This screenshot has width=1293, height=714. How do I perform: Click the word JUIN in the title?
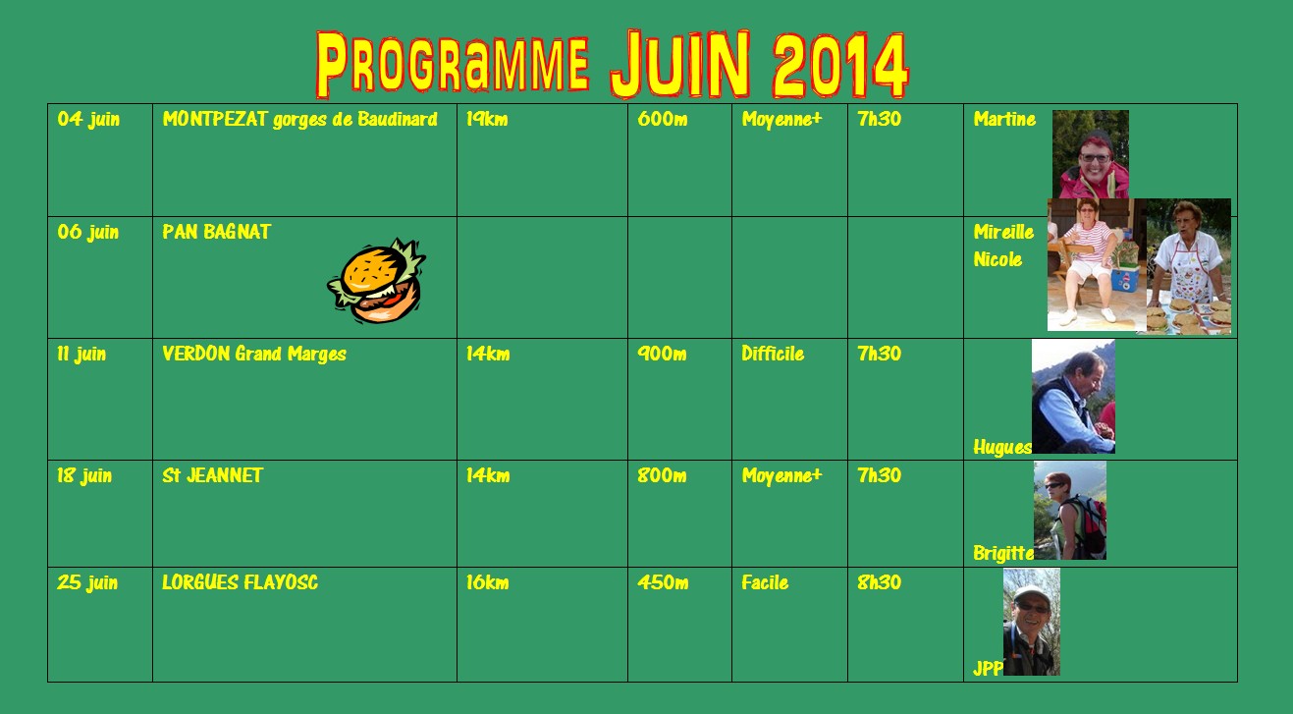point(680,64)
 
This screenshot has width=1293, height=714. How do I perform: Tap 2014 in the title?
point(840,65)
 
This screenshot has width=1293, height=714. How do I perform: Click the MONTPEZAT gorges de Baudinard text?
point(299,120)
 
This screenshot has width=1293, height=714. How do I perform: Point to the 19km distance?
point(487,119)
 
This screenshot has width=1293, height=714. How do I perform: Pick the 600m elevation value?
point(663,119)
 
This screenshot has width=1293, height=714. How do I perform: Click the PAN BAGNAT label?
point(216,232)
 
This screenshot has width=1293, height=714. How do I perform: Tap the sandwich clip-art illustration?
point(376,281)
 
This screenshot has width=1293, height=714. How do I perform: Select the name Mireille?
point(1003,232)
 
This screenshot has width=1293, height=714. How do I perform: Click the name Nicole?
point(997,259)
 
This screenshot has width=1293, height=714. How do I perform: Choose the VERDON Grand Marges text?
point(254,354)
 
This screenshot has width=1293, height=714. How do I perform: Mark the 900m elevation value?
point(662,354)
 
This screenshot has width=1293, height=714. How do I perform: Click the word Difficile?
point(773,354)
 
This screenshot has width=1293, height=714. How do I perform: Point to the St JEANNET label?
point(212,475)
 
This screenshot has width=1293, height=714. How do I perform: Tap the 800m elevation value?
point(662,475)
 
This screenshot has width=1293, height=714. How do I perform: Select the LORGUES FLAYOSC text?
point(240,582)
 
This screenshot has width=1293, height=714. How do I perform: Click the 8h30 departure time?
point(879,582)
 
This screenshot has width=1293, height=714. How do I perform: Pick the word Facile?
point(765,582)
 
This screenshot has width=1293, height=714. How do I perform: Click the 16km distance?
point(488,582)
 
